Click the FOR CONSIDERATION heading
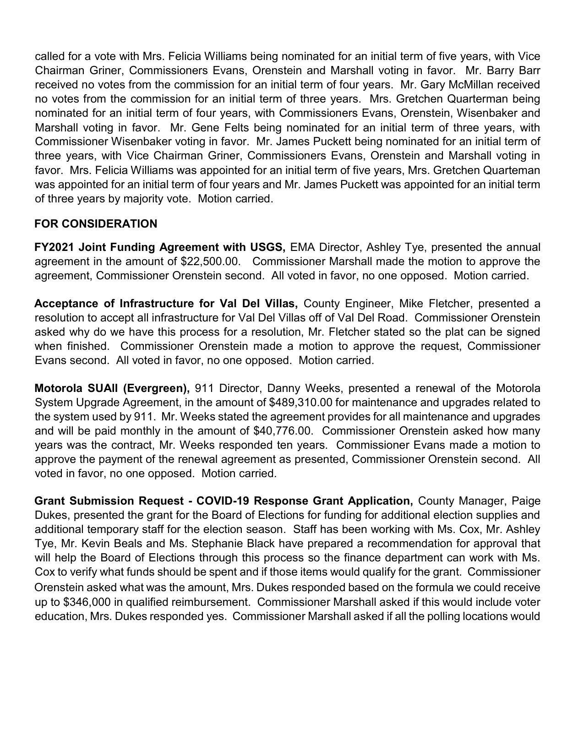click(96, 224)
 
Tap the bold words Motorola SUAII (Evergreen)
click(112, 388)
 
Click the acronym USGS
click(267, 247)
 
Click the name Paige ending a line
click(526, 500)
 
